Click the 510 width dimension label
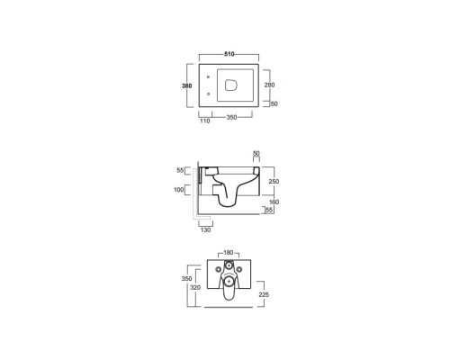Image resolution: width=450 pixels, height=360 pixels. click(x=229, y=54)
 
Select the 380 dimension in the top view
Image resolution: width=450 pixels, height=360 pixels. click(x=186, y=86)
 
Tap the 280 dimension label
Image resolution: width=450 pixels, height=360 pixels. click(x=269, y=85)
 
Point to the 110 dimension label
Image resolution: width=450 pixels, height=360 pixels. click(x=205, y=121)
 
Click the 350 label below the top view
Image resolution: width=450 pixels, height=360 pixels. click(x=231, y=117)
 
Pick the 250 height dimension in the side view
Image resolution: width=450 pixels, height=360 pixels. click(x=274, y=182)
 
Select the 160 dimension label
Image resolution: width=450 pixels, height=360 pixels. click(x=274, y=202)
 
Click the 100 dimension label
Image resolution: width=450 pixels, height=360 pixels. click(x=179, y=190)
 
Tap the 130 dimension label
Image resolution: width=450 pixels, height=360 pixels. click(x=205, y=230)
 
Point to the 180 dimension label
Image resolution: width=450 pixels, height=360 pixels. click(x=229, y=253)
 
